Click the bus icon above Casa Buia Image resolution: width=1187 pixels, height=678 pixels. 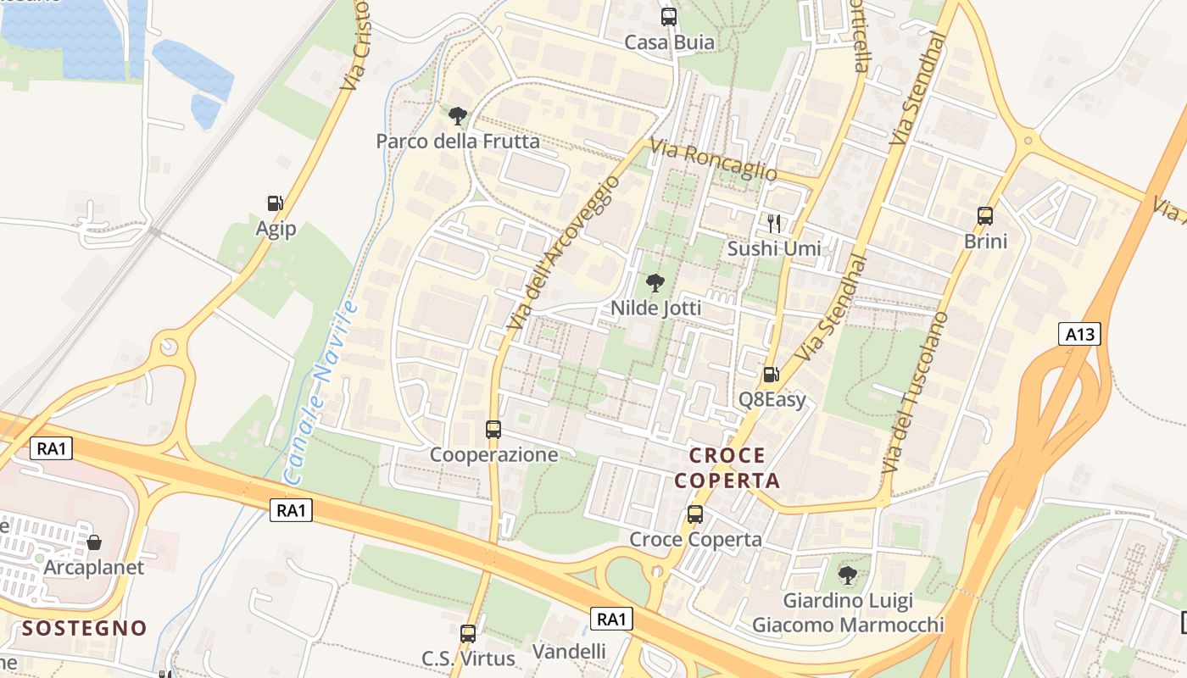669,17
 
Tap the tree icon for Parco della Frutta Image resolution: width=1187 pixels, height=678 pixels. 458,115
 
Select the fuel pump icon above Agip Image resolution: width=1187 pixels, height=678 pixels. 275,203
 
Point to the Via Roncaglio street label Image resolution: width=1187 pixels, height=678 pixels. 713,159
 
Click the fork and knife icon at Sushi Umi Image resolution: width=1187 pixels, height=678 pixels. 773,224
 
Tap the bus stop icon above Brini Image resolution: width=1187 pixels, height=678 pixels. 985,216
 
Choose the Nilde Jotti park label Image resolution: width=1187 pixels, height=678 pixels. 656,308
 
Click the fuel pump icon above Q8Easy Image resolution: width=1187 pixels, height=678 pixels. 771,374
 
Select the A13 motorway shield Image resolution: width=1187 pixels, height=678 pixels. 1080,334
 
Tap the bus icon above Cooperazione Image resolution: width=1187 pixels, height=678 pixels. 493,430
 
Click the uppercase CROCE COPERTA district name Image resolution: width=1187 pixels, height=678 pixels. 726,468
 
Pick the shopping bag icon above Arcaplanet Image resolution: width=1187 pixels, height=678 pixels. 94,542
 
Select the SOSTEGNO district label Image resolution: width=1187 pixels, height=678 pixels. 85,628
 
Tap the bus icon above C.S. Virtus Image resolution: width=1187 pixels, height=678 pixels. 467,633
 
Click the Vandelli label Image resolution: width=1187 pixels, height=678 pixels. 569,651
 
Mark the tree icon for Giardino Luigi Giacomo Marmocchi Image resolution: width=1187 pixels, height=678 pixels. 847,575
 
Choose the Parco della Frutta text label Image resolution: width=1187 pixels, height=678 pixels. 458,142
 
